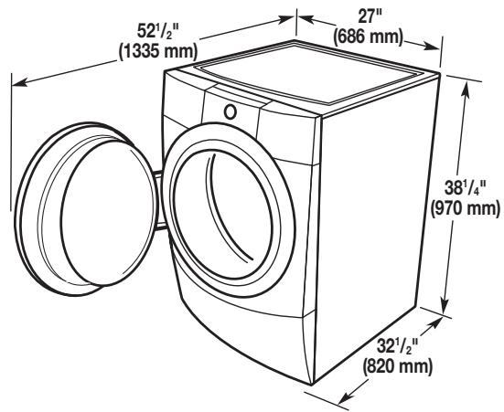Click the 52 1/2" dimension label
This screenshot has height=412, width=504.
pos(158,32)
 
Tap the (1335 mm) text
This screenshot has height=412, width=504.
pos(158,51)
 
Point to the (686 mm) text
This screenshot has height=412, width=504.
pos(368,37)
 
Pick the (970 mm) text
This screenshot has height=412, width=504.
pos(466,208)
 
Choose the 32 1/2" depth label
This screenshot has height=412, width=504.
pos(397,347)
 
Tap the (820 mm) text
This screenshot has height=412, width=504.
pos(397,366)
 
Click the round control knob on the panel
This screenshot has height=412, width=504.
pos(231,112)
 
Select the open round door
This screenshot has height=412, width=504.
pos(86,208)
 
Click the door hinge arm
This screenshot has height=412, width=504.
pos(160,200)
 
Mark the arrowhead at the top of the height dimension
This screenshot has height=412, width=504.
pos(464,90)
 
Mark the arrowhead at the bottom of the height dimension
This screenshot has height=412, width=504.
pos(445,305)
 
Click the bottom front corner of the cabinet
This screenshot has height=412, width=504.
pos(311,384)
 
